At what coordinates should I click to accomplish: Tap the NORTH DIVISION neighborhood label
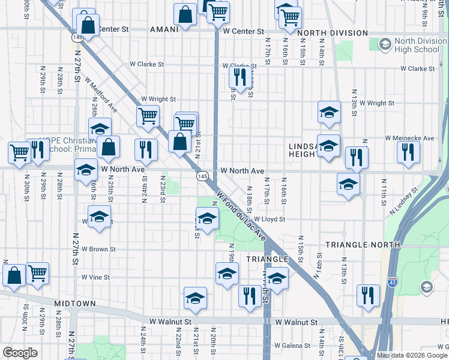click(332, 33)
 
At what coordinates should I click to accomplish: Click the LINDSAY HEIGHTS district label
click(303, 150)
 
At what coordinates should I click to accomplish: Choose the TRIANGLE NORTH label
click(363, 245)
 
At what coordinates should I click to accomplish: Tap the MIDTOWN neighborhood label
click(75, 304)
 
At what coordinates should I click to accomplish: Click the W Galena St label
click(292, 346)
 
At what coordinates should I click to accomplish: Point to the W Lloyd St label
click(269, 220)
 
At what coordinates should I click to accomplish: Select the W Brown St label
click(99, 248)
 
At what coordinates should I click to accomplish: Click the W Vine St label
click(95, 277)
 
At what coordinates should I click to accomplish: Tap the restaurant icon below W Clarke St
click(238, 76)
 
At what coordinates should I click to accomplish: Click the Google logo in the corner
click(20, 353)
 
